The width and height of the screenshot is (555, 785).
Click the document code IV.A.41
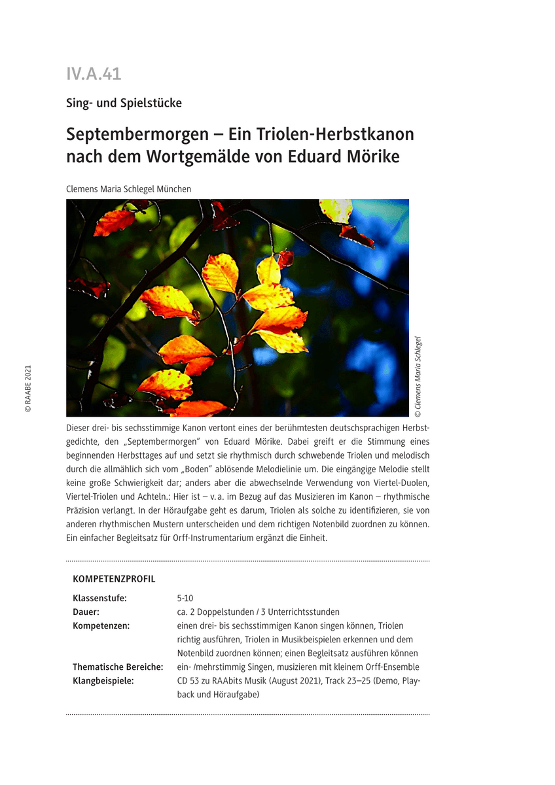click(94, 74)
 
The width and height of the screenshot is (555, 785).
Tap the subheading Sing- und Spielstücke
click(124, 103)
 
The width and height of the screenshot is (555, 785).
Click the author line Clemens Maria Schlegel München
click(128, 189)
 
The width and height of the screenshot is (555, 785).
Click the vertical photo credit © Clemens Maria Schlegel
click(419, 377)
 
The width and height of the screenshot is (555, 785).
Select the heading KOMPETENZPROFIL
click(114, 579)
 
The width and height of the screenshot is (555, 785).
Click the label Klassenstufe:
click(99, 599)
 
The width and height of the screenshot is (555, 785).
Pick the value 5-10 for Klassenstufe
click(185, 599)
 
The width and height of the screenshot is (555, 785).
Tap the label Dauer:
click(86, 612)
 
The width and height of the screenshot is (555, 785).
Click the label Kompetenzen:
click(101, 626)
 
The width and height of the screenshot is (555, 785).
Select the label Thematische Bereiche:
click(118, 667)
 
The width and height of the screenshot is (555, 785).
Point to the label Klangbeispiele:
click(103, 681)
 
